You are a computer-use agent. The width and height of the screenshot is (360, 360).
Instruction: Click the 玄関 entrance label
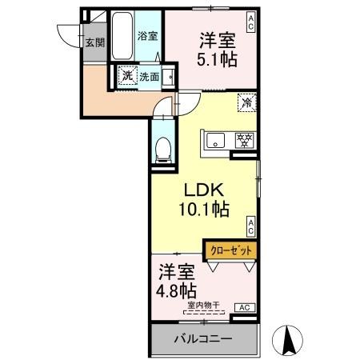tap(96, 42)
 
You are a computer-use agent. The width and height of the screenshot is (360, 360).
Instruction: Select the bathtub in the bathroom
tap(122, 38)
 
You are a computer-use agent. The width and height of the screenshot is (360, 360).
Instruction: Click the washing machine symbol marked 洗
tap(126, 77)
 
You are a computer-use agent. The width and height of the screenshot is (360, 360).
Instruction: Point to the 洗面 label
tap(149, 78)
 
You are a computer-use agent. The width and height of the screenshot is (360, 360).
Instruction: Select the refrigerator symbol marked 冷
tap(246, 102)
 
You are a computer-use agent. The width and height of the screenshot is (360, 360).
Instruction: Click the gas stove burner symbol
tap(241, 140)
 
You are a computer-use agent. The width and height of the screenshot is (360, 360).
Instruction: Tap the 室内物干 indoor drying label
tap(204, 304)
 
